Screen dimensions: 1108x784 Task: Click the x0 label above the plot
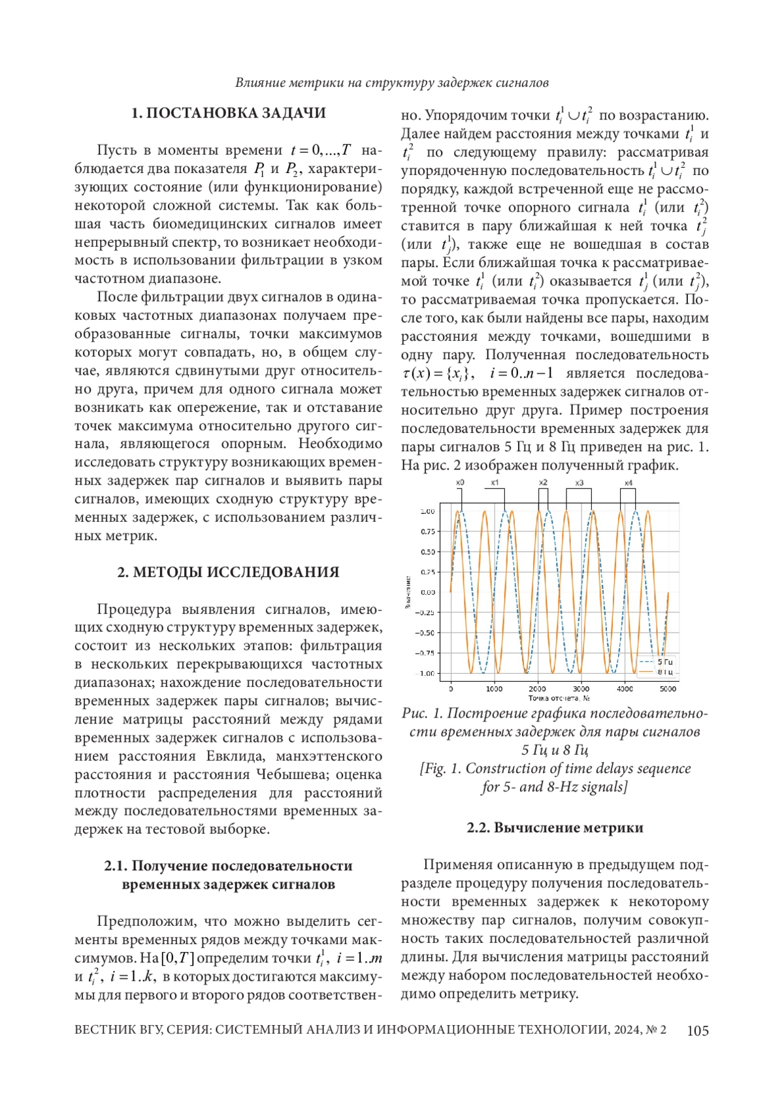pyautogui.click(x=460, y=483)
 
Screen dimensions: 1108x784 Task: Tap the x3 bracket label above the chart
pyautogui.click(x=579, y=483)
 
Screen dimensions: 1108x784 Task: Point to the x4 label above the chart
pyautogui.click(x=628, y=483)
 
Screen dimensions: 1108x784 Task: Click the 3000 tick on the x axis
pyautogui.click(x=581, y=689)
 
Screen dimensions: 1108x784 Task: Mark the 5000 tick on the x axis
pyautogui.click(x=668, y=689)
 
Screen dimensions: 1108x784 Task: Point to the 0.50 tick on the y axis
pyautogui.click(x=427, y=552)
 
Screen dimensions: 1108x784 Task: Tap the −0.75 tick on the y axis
pyautogui.click(x=425, y=653)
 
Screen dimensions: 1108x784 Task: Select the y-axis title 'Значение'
pyautogui.click(x=408, y=592)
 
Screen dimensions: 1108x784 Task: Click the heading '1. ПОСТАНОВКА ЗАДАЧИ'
pyautogui.click(x=229, y=113)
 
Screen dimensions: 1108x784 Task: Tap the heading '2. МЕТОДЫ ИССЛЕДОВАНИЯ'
pyautogui.click(x=228, y=572)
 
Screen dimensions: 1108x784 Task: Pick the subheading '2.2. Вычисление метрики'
pyautogui.click(x=555, y=828)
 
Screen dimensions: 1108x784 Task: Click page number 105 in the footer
pyautogui.click(x=698, y=1030)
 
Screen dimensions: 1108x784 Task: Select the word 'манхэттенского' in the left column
pyautogui.click(x=329, y=756)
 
